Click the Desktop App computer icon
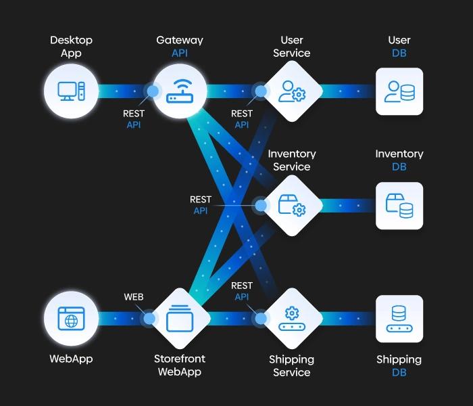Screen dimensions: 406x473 (x=71, y=91)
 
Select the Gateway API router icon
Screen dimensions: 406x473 (x=180, y=91)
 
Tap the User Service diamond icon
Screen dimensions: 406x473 (x=292, y=91)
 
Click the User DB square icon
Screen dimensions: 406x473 (x=399, y=91)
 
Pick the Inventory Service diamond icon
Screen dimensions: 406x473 (x=292, y=205)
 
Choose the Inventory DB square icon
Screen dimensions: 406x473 (x=399, y=205)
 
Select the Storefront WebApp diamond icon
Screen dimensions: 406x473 (x=180, y=318)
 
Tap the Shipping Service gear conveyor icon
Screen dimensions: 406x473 (x=292, y=318)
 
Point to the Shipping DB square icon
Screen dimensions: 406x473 (x=399, y=318)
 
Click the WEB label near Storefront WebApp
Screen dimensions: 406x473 (x=134, y=297)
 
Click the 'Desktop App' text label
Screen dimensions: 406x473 (x=71, y=47)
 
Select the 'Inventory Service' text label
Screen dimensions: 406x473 (x=292, y=160)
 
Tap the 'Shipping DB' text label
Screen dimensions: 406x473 (x=399, y=365)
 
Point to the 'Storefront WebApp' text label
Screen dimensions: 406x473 (x=180, y=365)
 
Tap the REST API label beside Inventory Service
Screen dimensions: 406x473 (x=201, y=205)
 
